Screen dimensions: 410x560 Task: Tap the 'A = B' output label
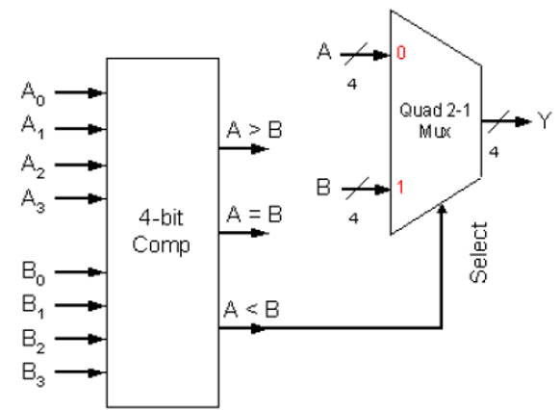[x=248, y=217]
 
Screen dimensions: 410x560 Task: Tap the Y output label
[x=547, y=122]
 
